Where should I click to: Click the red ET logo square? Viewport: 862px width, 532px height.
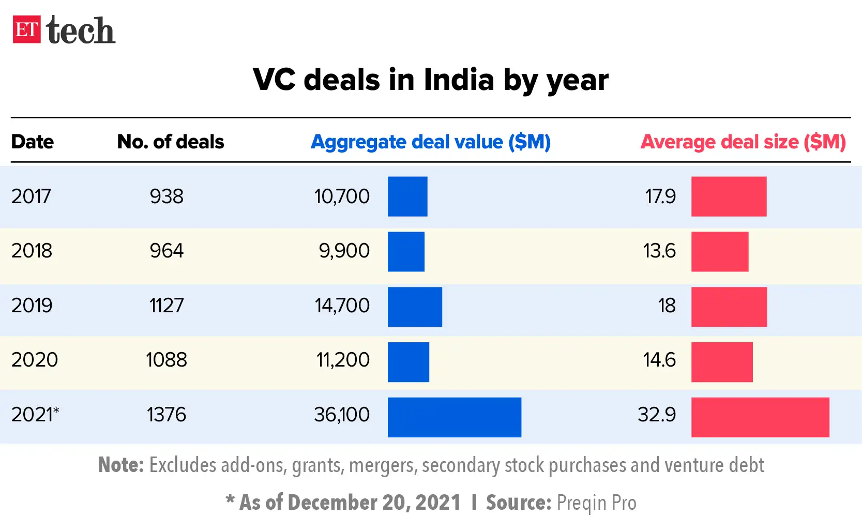click(26, 29)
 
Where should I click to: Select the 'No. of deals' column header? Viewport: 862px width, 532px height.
click(171, 142)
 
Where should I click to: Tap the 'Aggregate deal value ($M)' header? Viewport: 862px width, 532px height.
click(430, 142)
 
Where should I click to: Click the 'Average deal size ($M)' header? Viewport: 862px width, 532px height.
click(743, 142)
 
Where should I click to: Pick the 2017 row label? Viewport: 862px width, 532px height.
click(31, 196)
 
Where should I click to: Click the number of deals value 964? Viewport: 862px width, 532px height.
click(167, 251)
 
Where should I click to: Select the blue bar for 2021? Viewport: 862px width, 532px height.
click(454, 417)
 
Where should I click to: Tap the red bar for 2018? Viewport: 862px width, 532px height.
click(719, 252)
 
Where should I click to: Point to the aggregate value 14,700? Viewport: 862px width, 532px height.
click(342, 306)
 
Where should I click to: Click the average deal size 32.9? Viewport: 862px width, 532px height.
click(656, 415)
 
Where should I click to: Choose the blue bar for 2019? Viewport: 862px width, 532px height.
click(415, 307)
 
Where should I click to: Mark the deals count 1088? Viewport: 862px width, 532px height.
click(166, 360)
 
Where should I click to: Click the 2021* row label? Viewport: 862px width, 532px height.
click(35, 415)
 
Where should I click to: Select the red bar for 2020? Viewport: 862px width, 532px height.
click(721, 362)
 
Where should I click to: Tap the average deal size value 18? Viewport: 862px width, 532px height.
click(667, 306)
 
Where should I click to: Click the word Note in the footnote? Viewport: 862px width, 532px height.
click(120, 465)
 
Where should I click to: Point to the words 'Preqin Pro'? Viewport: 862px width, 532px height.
click(596, 503)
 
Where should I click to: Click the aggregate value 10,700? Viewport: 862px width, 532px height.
click(342, 196)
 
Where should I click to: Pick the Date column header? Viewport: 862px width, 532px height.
click(32, 142)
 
